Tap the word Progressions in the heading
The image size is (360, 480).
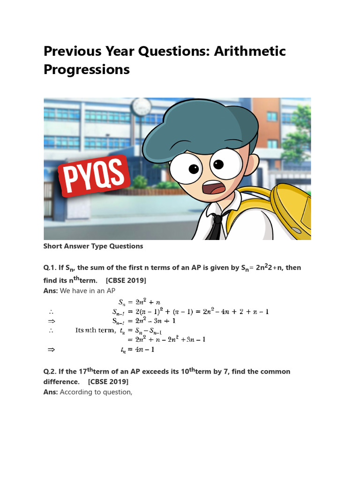tap(86, 69)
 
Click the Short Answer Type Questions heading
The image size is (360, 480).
tap(93, 246)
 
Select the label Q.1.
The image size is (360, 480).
tap(50, 268)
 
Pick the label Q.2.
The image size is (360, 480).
tap(50, 372)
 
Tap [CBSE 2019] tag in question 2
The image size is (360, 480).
tap(108, 382)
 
